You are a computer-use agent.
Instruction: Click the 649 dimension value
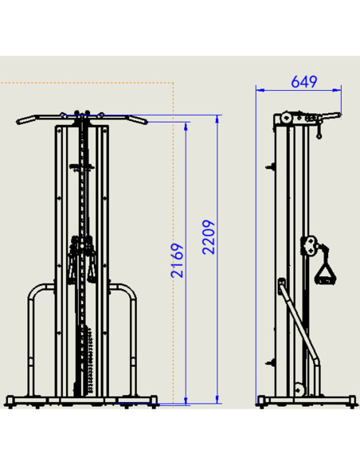pyautogui.click(x=304, y=81)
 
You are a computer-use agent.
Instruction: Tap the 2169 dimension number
pyautogui.click(x=178, y=260)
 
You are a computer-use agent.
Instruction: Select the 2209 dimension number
pyautogui.click(x=209, y=237)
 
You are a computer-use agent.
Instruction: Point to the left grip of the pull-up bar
pyautogui.click(x=25, y=119)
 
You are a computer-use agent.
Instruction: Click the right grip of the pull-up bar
pyautogui.click(x=138, y=119)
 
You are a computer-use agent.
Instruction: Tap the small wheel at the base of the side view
pyautogui.click(x=299, y=389)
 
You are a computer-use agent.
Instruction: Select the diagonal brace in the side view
pyautogui.click(x=299, y=323)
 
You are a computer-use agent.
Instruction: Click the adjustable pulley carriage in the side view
pyautogui.click(x=310, y=245)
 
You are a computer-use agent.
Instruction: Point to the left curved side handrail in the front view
pyautogui.click(x=31, y=326)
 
